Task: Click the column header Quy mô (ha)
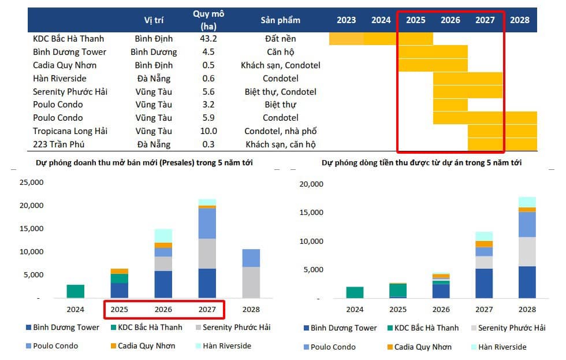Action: [x=208, y=20]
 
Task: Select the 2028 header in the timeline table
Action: [x=520, y=20]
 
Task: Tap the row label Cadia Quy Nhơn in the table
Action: [x=65, y=65]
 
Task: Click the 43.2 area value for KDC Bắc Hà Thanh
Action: [x=208, y=39]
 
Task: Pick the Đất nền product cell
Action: [x=280, y=39]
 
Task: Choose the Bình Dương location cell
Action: [x=153, y=52]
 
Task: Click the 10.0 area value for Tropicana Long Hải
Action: [x=208, y=131]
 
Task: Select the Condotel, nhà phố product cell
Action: [x=280, y=131]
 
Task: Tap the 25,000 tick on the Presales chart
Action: [x=32, y=183]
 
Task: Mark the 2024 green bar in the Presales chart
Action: [x=75, y=291]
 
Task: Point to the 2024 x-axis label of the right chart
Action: [x=355, y=309]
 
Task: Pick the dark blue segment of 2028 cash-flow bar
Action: [x=527, y=282]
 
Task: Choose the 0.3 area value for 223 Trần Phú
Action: [x=208, y=144]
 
